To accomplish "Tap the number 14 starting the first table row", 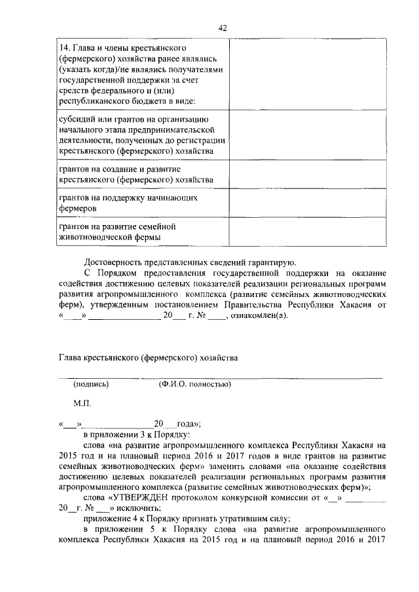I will click(64, 48).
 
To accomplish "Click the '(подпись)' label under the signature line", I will click(91, 384).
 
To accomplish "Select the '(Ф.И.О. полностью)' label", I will click(194, 384).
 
